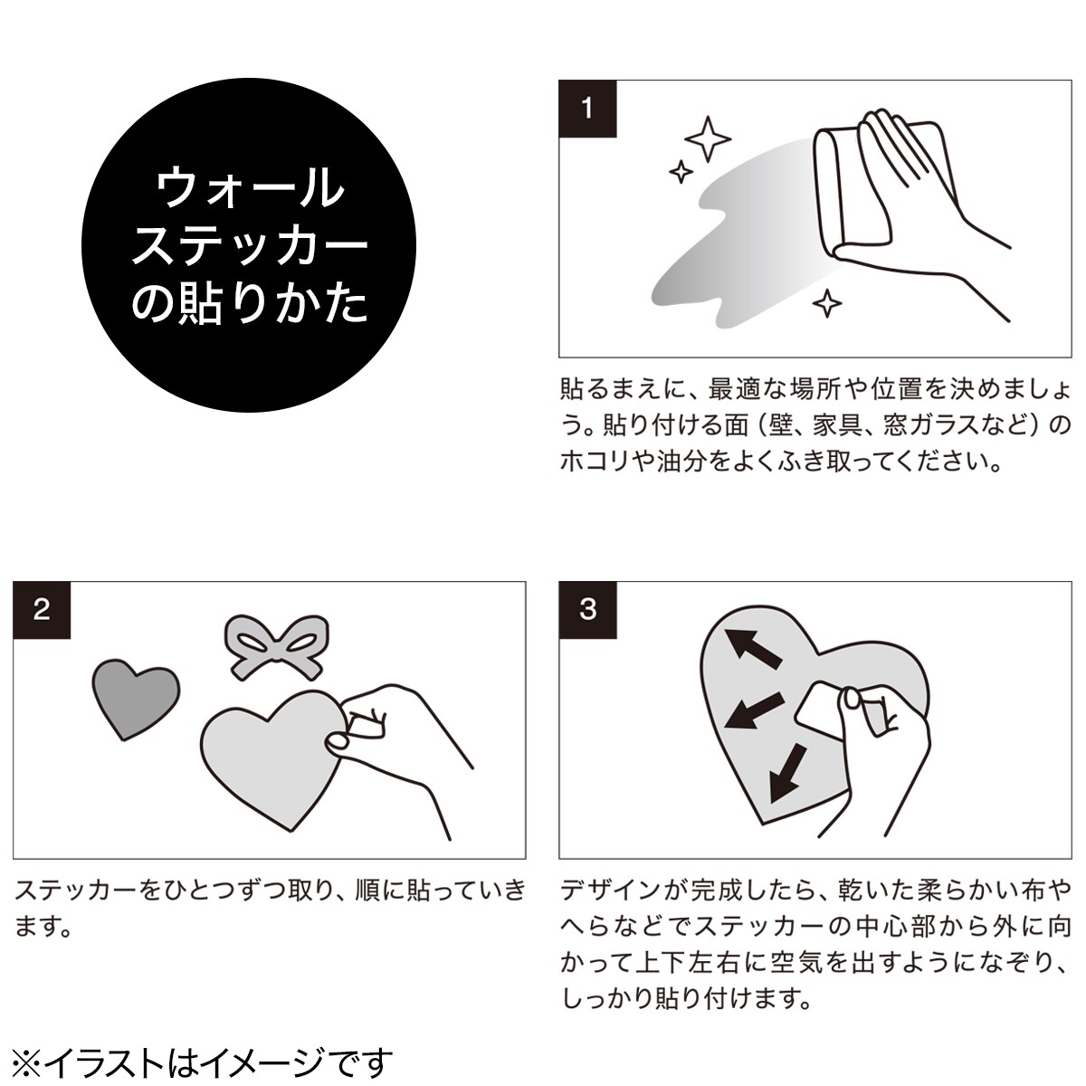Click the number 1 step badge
coord(587,109)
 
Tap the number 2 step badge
coord(42,610)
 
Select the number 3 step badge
coord(587,610)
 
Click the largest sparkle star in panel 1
coord(708,138)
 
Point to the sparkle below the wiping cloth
coord(827,303)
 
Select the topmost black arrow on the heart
coord(752,648)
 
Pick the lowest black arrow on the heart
coord(787,773)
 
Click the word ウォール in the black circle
coord(249,187)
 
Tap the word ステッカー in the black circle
coord(250,246)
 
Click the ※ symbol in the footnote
coord(27,1062)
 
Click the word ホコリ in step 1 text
coord(598,462)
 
